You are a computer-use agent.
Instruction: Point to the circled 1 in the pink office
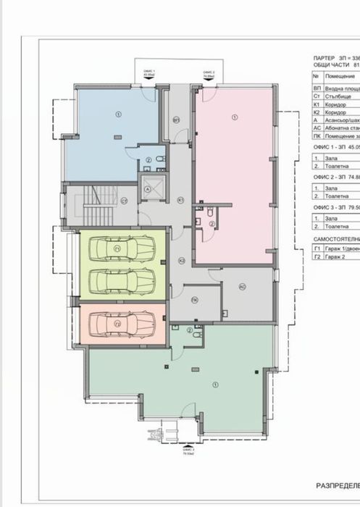(x=234, y=117)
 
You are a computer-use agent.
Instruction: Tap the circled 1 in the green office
(x=215, y=384)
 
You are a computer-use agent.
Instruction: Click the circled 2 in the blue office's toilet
(x=148, y=160)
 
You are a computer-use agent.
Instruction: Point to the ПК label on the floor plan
(x=194, y=300)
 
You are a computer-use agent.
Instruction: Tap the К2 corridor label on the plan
(x=183, y=259)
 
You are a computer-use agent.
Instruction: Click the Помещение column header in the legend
(x=343, y=75)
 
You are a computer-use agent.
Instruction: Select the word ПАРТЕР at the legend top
(x=325, y=56)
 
